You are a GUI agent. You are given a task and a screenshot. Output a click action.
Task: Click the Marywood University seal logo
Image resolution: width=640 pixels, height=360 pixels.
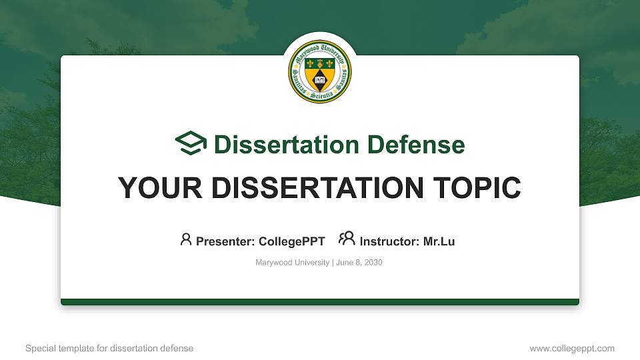(320, 72)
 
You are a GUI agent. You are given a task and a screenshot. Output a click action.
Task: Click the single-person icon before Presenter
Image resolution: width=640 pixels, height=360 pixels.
(186, 239)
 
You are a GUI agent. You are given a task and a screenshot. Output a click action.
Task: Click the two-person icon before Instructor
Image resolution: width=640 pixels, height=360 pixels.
(347, 239)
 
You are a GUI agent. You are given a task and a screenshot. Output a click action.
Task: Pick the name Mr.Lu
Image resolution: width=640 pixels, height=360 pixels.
(439, 241)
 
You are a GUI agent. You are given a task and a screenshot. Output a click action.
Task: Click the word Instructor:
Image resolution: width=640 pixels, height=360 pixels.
(389, 241)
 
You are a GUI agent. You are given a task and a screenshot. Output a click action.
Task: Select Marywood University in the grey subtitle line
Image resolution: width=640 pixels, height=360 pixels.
(292, 263)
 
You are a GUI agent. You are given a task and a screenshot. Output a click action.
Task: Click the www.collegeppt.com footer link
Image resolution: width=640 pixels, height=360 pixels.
(571, 348)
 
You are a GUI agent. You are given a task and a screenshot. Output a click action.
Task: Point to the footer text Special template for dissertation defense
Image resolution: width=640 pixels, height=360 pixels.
(109, 348)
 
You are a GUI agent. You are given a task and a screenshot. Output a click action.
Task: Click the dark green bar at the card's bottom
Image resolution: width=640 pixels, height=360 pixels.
(320, 302)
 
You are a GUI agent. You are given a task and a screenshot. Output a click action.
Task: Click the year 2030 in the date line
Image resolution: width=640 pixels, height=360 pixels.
(373, 263)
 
